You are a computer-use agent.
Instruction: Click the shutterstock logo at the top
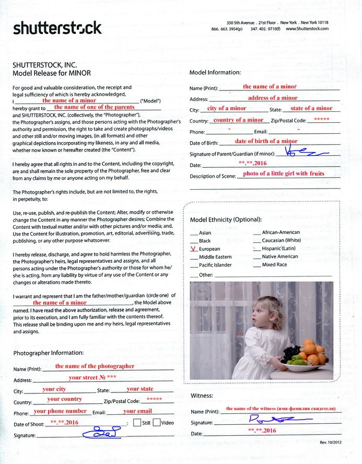pos(57,28)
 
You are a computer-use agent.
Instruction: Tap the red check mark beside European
pos(193,249)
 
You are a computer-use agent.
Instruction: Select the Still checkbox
pos(137,423)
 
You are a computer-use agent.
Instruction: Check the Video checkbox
pos(156,423)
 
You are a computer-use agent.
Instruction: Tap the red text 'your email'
pos(137,411)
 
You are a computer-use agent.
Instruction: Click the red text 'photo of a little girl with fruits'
pos(284,173)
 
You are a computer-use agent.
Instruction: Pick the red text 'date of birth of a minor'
pos(266,141)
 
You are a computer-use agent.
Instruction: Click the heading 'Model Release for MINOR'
pos(50,74)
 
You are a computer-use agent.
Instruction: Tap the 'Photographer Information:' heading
pos(48,353)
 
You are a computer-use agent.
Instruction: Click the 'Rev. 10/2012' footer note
pos(331,443)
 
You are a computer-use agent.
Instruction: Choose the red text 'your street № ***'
pos(92,377)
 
